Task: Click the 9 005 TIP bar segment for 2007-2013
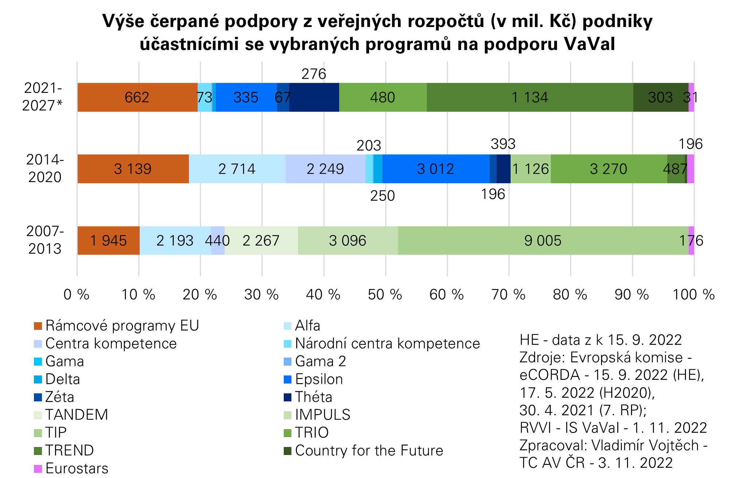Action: coord(543,240)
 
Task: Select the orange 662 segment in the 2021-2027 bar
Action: coord(137,97)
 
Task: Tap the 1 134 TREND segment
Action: coord(530,97)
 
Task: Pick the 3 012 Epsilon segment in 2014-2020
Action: coord(435,169)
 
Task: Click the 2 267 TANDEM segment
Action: coord(261,240)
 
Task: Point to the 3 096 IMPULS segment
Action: coord(348,240)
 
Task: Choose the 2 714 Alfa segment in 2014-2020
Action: coord(237,169)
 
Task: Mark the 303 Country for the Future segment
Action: coord(660,97)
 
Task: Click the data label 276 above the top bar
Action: coord(314,74)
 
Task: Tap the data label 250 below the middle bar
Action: coord(383,196)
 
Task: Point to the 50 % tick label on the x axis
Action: coord(385,294)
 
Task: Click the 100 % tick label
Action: coord(693,294)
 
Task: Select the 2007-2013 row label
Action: coord(45,240)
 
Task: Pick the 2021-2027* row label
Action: coord(43,97)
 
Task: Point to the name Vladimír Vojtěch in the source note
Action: coord(645,445)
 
